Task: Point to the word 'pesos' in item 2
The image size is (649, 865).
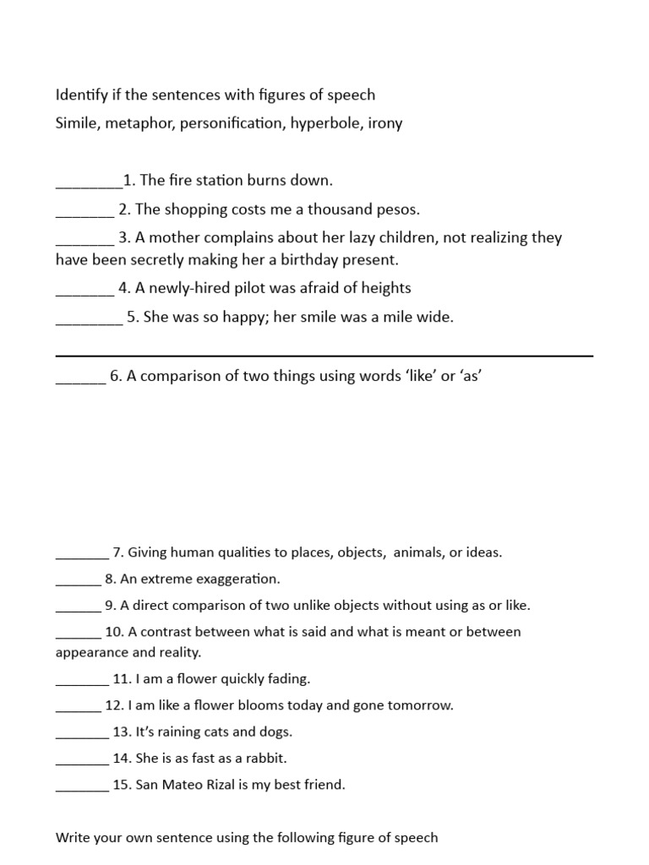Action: pyautogui.click(x=397, y=209)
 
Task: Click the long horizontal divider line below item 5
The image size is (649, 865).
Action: pyautogui.click(x=324, y=356)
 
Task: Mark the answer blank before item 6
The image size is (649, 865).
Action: pyautogui.click(x=80, y=382)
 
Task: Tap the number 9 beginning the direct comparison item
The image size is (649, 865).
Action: pyautogui.click(x=110, y=605)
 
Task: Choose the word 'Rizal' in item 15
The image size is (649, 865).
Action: pyautogui.click(x=218, y=785)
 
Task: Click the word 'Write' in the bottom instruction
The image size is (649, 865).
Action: pyautogui.click(x=73, y=838)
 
